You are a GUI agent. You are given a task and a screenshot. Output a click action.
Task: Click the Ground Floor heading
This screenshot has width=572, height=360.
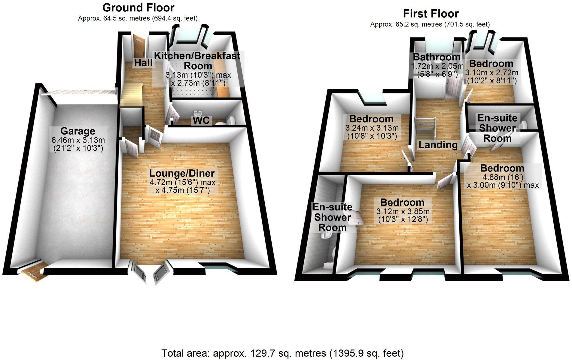138,8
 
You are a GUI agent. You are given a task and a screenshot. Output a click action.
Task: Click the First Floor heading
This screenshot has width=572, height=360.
431,14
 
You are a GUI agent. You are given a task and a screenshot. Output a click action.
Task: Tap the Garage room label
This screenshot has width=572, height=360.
78,131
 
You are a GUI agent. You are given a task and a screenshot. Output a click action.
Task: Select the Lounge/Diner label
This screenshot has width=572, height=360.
182,173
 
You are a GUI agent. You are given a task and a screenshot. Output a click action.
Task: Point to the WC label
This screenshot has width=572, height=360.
201,120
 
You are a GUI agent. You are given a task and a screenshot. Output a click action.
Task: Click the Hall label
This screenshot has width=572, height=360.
143,63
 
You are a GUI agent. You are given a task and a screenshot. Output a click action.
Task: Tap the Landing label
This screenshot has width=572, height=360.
438,145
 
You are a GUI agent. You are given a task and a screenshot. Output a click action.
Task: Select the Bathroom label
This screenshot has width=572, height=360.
436,57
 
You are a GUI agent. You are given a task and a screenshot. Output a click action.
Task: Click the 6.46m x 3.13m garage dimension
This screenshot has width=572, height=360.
78,140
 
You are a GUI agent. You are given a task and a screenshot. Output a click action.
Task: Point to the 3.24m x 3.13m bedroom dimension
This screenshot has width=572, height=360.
372,128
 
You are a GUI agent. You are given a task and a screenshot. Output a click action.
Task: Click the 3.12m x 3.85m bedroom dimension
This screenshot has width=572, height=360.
403,211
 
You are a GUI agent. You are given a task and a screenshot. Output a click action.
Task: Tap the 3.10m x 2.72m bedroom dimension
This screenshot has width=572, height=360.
491,73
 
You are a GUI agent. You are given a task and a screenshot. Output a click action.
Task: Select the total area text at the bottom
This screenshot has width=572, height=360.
282,353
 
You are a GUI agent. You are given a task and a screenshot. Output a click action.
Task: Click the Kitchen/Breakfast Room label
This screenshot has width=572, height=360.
197,61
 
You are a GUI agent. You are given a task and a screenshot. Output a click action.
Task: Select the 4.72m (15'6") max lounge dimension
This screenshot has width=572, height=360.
182,182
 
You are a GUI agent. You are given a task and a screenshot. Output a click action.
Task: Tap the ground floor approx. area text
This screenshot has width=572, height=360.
138,18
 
